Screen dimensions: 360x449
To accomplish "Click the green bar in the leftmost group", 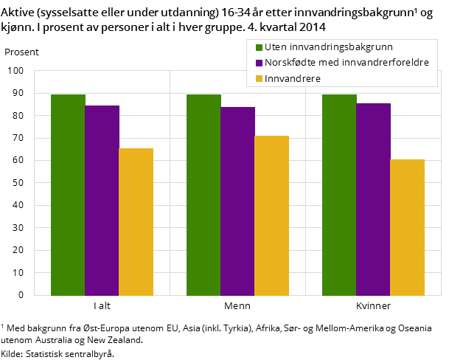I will point(68,195).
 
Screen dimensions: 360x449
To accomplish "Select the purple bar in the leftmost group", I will point(102,201).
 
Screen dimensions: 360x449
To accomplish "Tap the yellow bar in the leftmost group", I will point(136,222).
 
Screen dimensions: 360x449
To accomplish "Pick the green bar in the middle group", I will point(203,195).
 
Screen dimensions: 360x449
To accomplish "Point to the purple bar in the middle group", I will point(237,201).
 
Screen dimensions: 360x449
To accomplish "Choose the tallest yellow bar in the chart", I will point(271,215).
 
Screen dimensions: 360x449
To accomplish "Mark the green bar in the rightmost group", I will point(339,195).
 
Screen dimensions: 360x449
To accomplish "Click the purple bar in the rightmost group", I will point(373,199).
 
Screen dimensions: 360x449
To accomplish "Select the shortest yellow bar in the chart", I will point(407,227).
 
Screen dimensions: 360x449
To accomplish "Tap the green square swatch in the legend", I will point(259,48).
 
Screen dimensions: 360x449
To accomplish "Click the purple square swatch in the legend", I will point(259,63).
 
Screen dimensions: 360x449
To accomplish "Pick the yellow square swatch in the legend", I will point(259,79).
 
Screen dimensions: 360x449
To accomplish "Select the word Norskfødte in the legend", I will point(289,63).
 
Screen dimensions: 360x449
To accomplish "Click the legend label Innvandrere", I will point(293,79).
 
